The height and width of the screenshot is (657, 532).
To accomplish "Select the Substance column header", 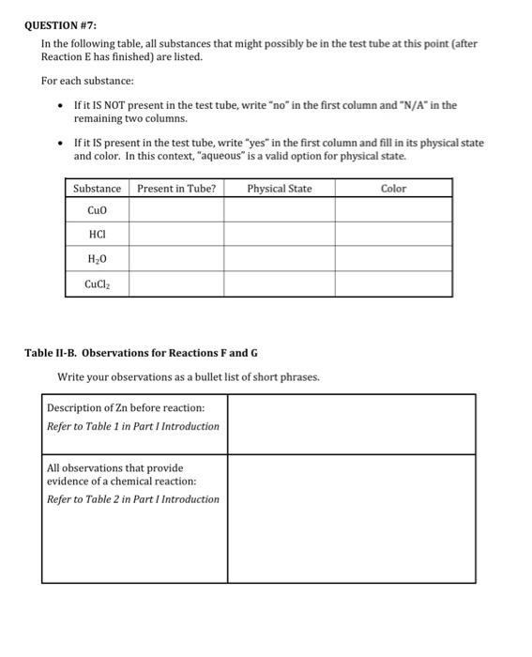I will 97,189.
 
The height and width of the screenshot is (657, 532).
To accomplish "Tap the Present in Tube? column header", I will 176,189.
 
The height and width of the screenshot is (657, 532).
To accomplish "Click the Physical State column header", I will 279,189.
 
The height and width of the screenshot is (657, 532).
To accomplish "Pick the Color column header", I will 393,189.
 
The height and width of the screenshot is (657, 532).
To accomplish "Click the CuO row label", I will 97,209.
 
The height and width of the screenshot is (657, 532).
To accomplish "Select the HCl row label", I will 97,234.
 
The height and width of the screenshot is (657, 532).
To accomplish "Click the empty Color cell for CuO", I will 393,209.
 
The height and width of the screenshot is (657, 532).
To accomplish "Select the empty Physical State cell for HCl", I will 279,234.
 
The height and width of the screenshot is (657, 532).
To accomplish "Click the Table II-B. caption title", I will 141,353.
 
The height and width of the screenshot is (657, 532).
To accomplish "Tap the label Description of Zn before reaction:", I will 126,407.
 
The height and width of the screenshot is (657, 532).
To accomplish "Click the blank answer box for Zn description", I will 351,423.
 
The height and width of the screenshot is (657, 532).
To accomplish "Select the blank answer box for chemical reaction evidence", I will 351,517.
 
